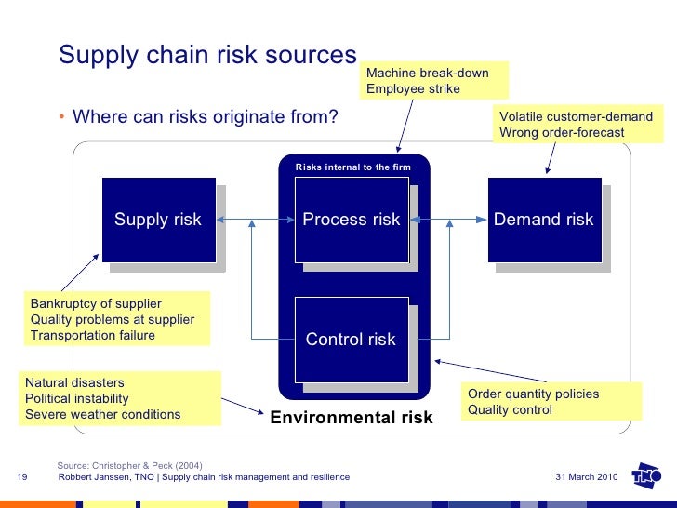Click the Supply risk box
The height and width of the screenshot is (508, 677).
[158, 220]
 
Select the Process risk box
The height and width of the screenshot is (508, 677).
[351, 220]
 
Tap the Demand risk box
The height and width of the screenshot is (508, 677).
[544, 220]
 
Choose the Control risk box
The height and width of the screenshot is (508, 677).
[351, 340]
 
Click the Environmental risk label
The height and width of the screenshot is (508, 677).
[351, 418]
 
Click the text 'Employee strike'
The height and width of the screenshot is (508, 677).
[413, 89]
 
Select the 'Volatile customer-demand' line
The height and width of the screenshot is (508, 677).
[576, 117]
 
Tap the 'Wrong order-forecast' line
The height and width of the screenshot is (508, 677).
[562, 133]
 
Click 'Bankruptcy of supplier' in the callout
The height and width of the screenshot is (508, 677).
[96, 304]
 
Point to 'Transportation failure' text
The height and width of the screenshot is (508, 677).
[93, 336]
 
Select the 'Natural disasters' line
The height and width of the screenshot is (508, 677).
[74, 382]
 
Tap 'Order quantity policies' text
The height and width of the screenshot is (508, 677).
[533, 394]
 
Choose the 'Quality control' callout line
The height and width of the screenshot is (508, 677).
[510, 409]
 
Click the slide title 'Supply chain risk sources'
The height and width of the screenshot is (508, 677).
[207, 55]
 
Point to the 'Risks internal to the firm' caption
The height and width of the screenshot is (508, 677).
[352, 167]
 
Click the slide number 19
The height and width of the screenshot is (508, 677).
[23, 477]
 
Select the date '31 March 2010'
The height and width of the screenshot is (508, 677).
[586, 477]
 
